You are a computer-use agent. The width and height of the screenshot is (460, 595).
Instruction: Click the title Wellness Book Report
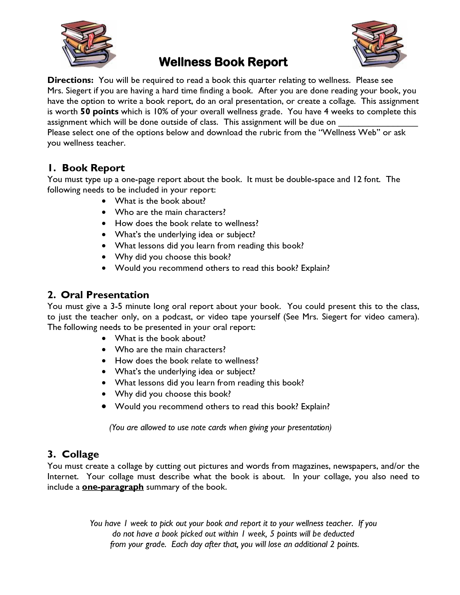click(223, 62)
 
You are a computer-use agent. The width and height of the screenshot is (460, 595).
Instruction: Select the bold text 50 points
click(99, 111)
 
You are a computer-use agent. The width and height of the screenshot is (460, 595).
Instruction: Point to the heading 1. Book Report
click(86, 168)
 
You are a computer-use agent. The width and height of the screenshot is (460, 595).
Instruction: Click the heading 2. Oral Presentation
click(98, 295)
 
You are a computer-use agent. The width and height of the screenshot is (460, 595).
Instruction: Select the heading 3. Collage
click(73, 454)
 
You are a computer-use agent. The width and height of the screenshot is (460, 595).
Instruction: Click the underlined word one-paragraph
click(113, 487)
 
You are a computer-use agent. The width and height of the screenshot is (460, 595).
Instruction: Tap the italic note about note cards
click(220, 428)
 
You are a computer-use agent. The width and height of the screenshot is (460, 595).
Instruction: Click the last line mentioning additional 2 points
click(235, 544)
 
